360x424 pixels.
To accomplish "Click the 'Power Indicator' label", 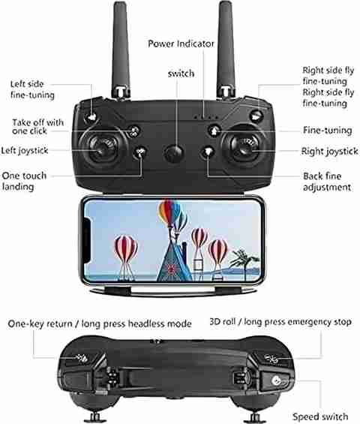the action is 181,44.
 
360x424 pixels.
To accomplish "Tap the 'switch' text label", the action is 181,74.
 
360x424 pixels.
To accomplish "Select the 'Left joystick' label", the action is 25,151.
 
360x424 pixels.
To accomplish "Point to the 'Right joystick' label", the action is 329,151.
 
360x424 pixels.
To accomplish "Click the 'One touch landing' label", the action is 24,181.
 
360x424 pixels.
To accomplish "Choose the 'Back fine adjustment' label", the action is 327,182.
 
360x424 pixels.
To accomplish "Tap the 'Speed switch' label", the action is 320,416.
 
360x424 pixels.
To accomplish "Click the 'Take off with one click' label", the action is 37,127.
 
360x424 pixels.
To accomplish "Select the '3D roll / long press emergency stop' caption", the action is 280,322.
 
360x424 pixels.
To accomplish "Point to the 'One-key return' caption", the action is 40,323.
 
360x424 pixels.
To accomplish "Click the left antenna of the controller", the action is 121,50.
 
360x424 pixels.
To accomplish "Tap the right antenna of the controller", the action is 226,50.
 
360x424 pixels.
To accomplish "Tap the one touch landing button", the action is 140,152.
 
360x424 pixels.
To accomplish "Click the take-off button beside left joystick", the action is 133,131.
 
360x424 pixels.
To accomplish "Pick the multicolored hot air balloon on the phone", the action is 169,213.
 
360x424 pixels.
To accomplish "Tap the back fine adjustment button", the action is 208,152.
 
